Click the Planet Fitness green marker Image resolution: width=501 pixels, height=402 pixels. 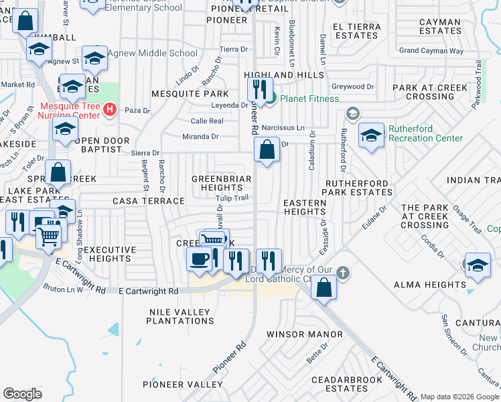click(x=271, y=100)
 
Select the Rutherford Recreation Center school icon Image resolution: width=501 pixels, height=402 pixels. click(x=371, y=136)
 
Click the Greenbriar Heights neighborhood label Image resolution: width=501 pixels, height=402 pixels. click(x=222, y=184)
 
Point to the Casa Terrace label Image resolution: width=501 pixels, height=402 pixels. click(x=148, y=201)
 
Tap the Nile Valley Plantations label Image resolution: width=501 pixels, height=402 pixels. click(x=179, y=316)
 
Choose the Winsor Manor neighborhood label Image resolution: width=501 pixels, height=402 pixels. click(x=304, y=334)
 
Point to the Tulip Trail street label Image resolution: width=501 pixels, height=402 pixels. click(x=232, y=197)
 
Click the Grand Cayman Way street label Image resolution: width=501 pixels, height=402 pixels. click(x=431, y=50)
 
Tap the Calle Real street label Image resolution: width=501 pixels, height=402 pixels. click(x=207, y=121)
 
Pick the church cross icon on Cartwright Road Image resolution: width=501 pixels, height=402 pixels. click(x=343, y=273)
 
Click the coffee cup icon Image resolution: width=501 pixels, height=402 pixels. click(x=199, y=259)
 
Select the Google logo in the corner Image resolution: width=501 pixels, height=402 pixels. click(x=22, y=394)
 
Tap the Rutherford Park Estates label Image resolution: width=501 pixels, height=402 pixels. click(x=358, y=188)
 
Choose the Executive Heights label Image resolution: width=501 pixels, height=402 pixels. click(x=106, y=254)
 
